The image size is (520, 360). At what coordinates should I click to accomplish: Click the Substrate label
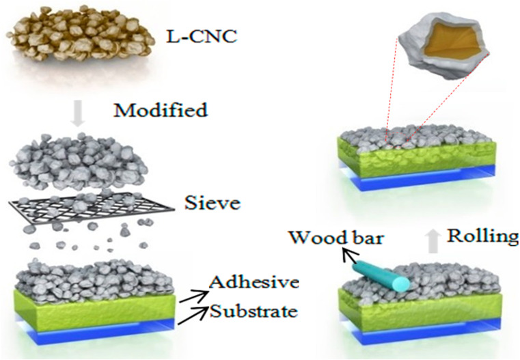(x=254, y=312)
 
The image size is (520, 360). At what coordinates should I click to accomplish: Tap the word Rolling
(x=482, y=236)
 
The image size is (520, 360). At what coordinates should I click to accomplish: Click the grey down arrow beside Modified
(x=79, y=111)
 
